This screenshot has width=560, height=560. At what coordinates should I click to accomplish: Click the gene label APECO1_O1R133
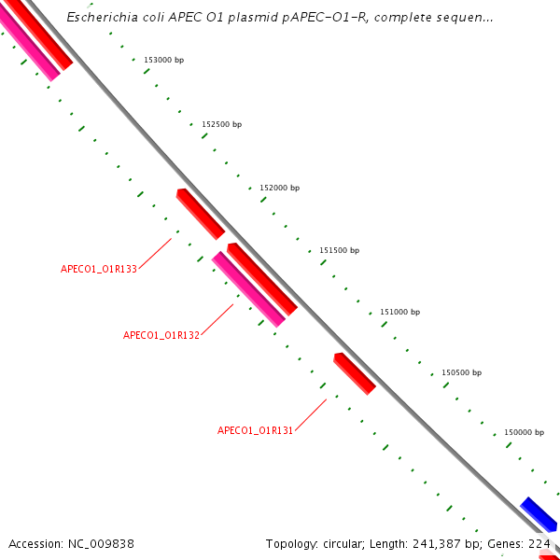[99, 269]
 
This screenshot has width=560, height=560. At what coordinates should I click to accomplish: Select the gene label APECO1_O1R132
[161, 335]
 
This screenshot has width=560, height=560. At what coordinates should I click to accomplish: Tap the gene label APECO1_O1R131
[256, 430]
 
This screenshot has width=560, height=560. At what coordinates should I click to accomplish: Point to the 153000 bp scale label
[163, 60]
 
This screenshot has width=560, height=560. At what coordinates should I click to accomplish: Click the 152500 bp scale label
[221, 124]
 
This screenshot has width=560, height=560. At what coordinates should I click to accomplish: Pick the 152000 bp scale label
[279, 188]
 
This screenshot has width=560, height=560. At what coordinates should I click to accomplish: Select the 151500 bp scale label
[339, 250]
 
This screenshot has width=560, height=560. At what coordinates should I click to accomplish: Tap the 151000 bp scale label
[399, 312]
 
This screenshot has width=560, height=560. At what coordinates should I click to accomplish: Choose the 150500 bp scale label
[461, 372]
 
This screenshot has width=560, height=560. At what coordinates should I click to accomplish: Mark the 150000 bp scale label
[524, 432]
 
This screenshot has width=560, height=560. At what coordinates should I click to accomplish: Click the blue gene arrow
[539, 513]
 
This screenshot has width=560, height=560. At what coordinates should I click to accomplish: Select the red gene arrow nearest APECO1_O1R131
[355, 373]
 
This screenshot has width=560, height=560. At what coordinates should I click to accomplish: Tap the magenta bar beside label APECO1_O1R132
[248, 289]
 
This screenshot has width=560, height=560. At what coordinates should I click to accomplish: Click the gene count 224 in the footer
[539, 543]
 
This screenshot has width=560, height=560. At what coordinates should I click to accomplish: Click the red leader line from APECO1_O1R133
[155, 253]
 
